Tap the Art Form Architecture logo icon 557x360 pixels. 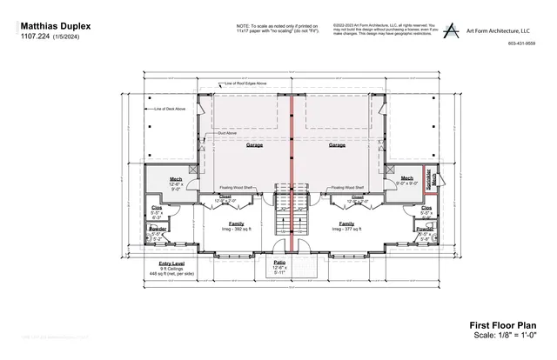pyautogui.click(x=451, y=30)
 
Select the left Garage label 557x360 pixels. pyautogui.click(x=254, y=145)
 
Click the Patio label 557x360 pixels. pyautogui.click(x=279, y=262)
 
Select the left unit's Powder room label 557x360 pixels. pyautogui.click(x=158, y=229)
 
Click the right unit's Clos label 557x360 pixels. pyautogui.click(x=426, y=209)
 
